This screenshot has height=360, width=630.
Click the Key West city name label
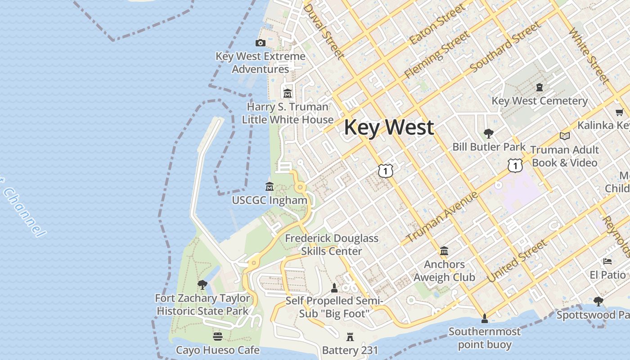click(389, 127)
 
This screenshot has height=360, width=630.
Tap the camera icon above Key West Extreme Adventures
click(260, 43)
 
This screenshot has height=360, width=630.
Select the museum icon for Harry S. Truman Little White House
click(287, 94)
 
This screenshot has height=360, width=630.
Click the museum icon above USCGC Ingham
click(270, 186)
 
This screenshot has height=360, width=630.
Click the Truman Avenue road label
click(442, 217)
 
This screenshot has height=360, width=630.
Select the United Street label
click(517, 261)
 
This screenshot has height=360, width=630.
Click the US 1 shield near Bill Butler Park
click(515, 166)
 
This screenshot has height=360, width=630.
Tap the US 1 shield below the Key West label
click(386, 171)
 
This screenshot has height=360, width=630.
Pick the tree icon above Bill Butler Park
click(488, 133)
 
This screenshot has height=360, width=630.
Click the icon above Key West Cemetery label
click(540, 87)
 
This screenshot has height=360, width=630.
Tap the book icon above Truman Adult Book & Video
click(565, 136)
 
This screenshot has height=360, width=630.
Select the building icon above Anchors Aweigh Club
click(444, 251)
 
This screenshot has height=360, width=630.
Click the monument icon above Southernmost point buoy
click(484, 319)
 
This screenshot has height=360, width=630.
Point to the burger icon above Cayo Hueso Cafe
click(218, 337)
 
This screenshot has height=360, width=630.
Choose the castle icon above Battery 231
click(350, 337)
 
